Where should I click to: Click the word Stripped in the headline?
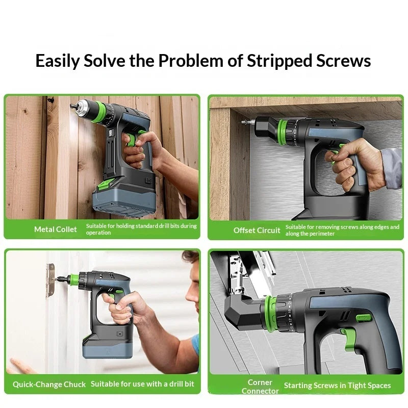[279, 61]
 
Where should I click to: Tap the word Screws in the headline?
[343, 61]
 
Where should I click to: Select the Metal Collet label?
[56, 229]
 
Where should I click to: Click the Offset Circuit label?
[257, 231]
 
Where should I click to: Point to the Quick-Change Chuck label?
[49, 385]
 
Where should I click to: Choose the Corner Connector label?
[260, 387]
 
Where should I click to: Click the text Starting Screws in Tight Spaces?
[337, 386]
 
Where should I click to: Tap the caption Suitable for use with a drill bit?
[142, 384]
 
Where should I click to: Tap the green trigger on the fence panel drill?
[132, 140]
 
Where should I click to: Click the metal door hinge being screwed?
[50, 280]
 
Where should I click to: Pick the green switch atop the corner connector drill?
[364, 318]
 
